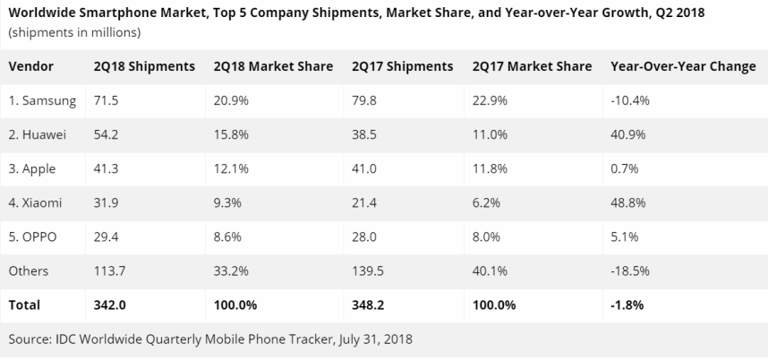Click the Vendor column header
pos(31,66)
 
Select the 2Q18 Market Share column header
pos(273,66)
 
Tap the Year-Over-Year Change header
pos(682,66)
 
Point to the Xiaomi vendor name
pos(37,203)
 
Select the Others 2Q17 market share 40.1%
pos(490,270)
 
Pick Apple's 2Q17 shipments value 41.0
pos(365,169)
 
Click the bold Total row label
pos(25,304)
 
